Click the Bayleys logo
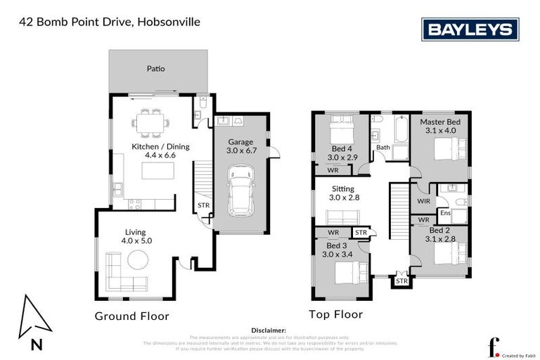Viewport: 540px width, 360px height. click(x=470, y=30)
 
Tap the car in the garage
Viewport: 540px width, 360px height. click(x=239, y=191)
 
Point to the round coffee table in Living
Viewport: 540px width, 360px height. click(x=137, y=261)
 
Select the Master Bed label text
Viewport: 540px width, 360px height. click(x=438, y=122)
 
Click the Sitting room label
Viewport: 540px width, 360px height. click(x=344, y=189)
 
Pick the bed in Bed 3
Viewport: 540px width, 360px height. click(x=349, y=271)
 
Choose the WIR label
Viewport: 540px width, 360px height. click(x=423, y=201)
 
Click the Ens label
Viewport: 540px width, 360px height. click(x=445, y=212)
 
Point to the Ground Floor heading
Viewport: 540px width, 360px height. click(x=131, y=316)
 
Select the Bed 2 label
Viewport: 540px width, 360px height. click(x=439, y=230)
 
